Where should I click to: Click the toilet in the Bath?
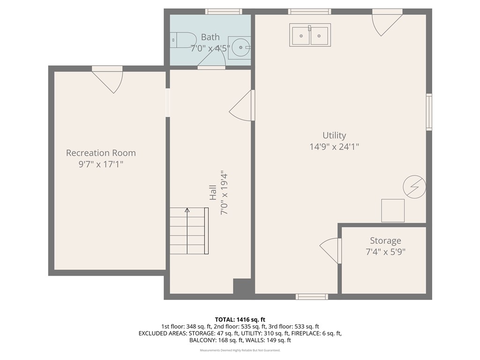182,40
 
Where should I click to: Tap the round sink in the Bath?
240,47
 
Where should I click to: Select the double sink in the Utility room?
310,35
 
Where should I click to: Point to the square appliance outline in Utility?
392,210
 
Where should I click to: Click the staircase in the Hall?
188,231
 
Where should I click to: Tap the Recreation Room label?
101,153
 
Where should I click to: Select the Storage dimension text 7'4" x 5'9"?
385,252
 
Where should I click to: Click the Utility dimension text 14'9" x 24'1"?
334,146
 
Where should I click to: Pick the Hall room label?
213,193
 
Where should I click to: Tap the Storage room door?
331,250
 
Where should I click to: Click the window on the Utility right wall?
428,112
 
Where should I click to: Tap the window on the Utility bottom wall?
312,296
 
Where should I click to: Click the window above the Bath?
224,12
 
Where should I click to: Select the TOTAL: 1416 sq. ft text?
240,320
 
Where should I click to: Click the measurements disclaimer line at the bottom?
240,350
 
